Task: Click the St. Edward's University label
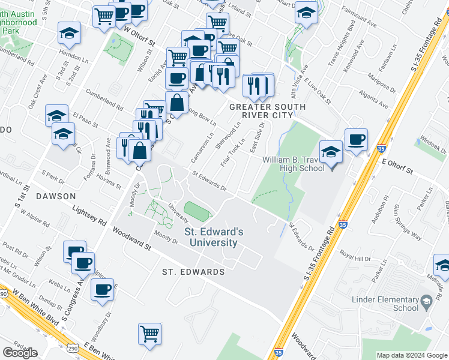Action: [213, 237]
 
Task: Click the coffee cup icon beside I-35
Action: [356, 140]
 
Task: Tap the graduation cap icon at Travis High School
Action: [330, 152]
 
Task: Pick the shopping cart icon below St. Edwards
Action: [149, 333]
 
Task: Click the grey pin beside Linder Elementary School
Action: [426, 300]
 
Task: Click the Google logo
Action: [20, 353]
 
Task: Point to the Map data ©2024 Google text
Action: [412, 355]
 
